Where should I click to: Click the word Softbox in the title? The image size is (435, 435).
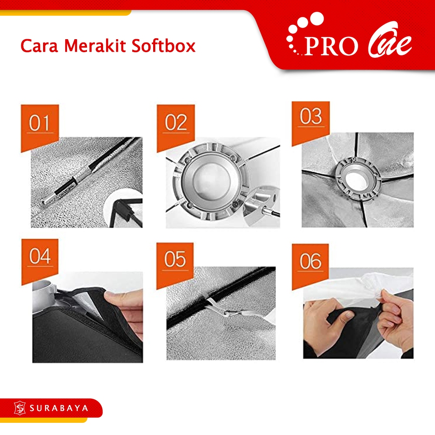point(164,46)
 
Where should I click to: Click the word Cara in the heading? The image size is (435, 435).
point(40,46)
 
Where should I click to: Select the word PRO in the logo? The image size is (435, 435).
point(331,46)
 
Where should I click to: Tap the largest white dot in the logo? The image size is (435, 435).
point(317,19)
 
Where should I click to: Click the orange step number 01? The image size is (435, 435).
point(40,123)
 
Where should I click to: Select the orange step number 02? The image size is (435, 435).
point(176,122)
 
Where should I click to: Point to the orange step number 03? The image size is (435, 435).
point(311,117)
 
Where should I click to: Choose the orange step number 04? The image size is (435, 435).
point(40,256)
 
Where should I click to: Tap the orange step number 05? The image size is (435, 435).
point(175,259)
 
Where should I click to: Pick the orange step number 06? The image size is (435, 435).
point(311,261)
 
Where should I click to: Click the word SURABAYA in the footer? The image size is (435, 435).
point(59,408)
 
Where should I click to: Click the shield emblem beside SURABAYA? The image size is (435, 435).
point(20,408)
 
